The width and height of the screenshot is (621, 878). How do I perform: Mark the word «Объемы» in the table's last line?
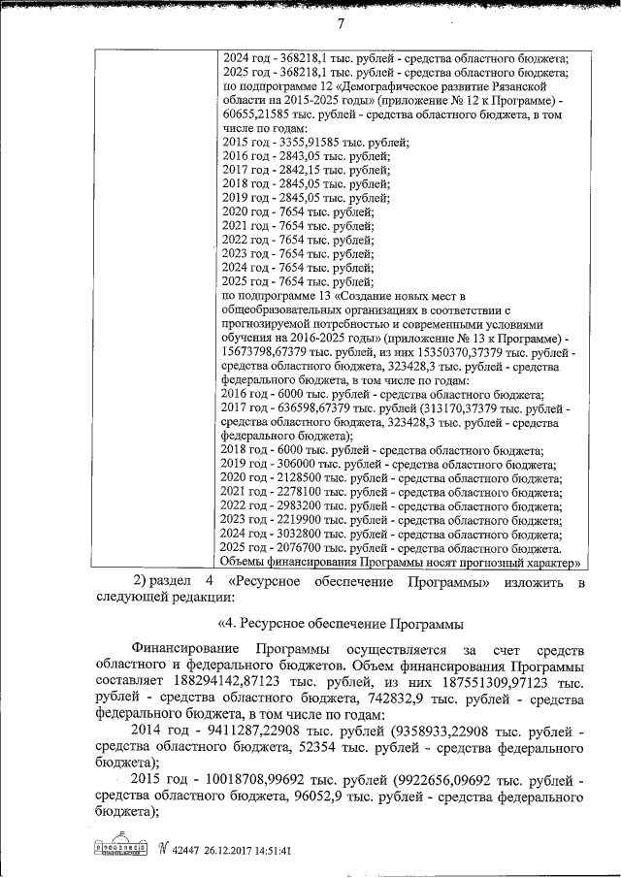coord(246,561)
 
